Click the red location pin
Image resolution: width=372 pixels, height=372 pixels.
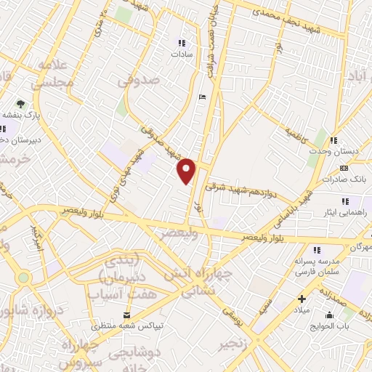pyautogui.click(x=187, y=171)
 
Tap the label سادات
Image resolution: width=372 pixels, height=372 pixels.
pyautogui.click(x=180, y=54)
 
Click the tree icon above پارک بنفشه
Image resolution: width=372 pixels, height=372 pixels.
pyautogui.click(x=21, y=104)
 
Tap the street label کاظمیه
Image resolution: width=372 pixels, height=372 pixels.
pyautogui.click(x=297, y=134)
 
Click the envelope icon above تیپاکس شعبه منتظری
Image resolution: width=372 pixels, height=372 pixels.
pyautogui.click(x=128, y=315)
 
